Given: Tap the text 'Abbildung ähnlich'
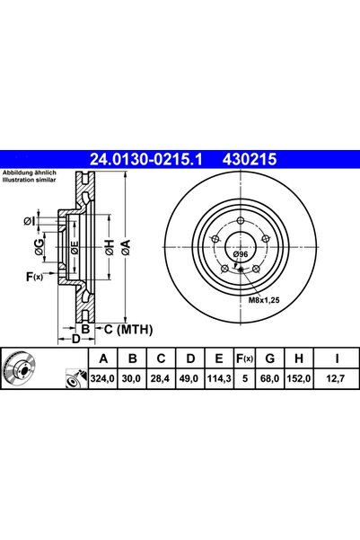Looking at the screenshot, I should (31, 172).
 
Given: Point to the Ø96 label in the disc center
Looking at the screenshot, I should (240, 255).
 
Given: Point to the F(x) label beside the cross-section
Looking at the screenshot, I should (34, 276).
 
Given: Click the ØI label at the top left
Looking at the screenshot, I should (30, 221).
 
